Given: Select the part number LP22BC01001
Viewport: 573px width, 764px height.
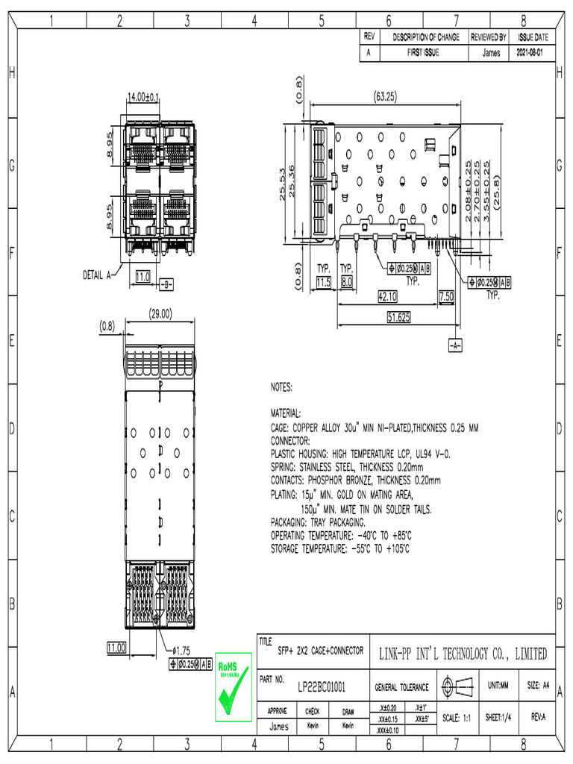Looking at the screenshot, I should coord(321,686).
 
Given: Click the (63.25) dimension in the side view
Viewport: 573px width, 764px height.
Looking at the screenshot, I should coord(385,96).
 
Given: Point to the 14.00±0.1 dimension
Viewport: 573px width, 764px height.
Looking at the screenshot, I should coord(143,97).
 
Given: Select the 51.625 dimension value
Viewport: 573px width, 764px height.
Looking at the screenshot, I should coord(399,317).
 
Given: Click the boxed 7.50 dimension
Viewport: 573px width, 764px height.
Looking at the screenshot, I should coord(446,296).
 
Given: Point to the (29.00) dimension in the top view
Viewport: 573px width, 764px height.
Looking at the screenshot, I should coord(160,314).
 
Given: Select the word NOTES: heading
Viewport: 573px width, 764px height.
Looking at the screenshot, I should coord(281,388).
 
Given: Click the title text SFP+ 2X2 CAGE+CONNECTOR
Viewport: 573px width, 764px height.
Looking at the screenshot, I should coord(320,651).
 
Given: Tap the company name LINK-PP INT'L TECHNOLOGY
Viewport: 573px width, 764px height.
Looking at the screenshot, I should coord(463,654).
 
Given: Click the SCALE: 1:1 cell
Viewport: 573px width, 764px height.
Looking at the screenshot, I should coord(455,717).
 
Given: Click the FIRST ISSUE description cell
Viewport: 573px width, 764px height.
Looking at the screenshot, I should coord(423,54).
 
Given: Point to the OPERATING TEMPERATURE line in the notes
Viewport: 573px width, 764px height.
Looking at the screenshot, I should coord(341,536).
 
